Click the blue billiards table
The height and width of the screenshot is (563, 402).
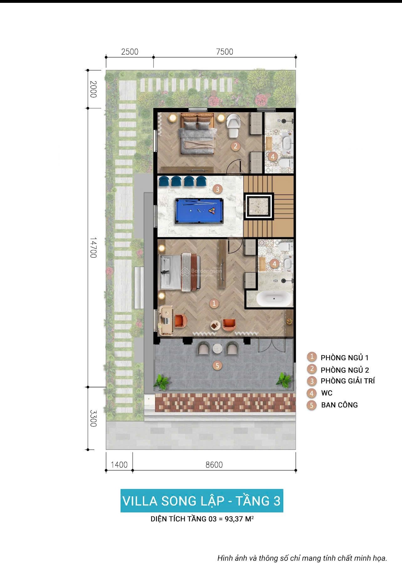[x=199, y=211]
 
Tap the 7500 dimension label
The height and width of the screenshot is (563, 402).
[x=225, y=52]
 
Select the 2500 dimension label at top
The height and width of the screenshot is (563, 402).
[x=130, y=52]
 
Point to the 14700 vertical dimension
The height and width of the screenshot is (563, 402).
[x=93, y=248]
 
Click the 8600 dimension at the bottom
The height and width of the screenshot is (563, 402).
[x=214, y=465]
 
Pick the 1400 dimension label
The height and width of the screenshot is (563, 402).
[x=119, y=465]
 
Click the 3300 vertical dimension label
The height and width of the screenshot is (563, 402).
[x=93, y=418]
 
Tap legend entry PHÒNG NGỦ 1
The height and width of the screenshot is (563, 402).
[x=344, y=358]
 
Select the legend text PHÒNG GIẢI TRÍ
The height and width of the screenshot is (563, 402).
[x=347, y=381]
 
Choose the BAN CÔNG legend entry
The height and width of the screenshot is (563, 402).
[x=339, y=405]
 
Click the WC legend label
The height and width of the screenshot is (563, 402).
[x=326, y=393]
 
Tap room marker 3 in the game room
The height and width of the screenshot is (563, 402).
[x=217, y=189]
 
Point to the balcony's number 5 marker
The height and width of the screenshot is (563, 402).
[x=217, y=365]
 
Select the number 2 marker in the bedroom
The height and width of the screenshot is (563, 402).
[x=235, y=146]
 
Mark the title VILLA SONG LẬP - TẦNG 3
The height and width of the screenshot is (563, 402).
[x=201, y=501]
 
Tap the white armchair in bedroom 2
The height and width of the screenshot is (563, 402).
[x=233, y=125]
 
